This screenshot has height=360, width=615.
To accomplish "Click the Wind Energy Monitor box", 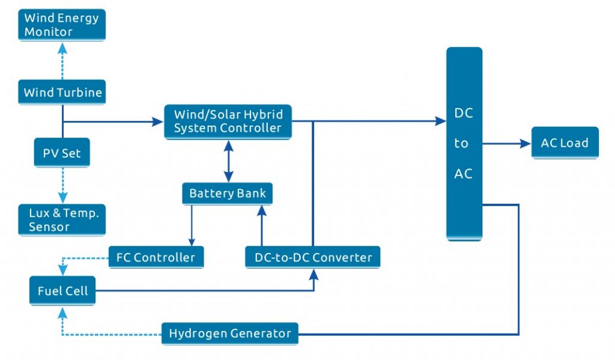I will pyautogui.click(x=61, y=25).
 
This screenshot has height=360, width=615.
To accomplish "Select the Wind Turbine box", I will pyautogui.click(x=62, y=93).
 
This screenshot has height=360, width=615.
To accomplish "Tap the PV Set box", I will pyautogui.click(x=62, y=153).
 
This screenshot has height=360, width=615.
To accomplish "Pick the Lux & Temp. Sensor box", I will pyautogui.click(x=62, y=220).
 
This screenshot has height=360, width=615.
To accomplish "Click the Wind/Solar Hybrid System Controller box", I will pyautogui.click(x=228, y=121).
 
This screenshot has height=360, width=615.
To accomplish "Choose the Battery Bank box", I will pyautogui.click(x=227, y=194).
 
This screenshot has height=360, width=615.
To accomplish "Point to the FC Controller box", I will pyautogui.click(x=156, y=258).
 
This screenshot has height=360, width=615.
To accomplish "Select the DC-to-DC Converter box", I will pyautogui.click(x=313, y=258).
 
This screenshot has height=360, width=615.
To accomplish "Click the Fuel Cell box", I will pyautogui.click(x=62, y=291).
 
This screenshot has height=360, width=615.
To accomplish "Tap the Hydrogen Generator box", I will pyautogui.click(x=229, y=334).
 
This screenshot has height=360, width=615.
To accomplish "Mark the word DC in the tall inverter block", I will pyautogui.click(x=464, y=114).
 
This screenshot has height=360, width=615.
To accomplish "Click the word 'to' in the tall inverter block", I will pyautogui.click(x=461, y=144).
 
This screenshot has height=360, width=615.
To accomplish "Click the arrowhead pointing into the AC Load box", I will pyautogui.click(x=525, y=144).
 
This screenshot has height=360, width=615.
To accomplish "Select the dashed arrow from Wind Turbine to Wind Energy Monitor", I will pyautogui.click(x=62, y=62).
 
